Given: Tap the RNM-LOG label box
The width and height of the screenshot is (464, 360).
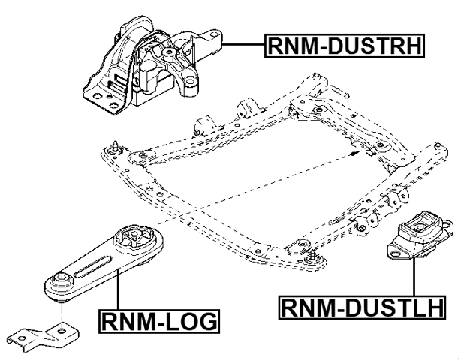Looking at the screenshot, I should coord(158,321).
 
